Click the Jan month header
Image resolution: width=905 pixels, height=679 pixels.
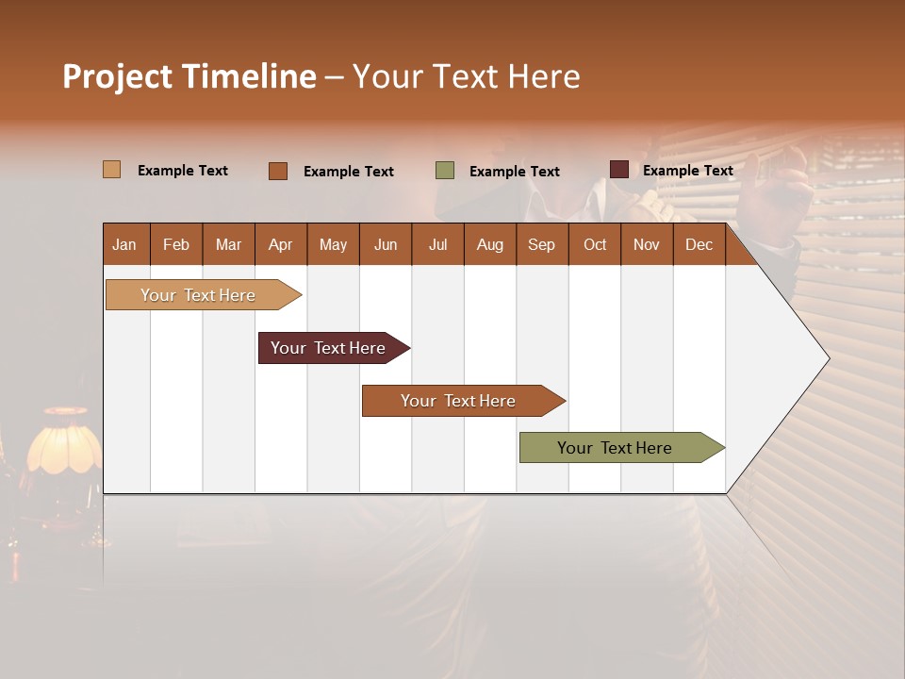124,245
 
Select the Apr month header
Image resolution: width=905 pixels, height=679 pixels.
280,245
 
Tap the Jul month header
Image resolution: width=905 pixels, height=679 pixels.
437,245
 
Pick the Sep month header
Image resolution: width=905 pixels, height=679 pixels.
541,245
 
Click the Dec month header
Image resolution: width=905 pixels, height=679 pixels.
699,245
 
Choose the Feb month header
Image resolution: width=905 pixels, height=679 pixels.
176,245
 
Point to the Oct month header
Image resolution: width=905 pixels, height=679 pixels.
595,245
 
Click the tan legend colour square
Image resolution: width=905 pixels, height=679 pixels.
111,170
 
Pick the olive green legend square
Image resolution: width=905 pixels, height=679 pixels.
445,171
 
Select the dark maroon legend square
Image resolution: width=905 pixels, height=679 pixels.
618,170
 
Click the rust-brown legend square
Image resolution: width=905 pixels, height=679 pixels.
277,171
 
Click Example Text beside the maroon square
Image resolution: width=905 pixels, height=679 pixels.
687,171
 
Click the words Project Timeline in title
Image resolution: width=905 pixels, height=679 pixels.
189,76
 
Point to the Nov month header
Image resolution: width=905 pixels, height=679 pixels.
647,245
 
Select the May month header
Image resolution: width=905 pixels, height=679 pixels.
333,245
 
